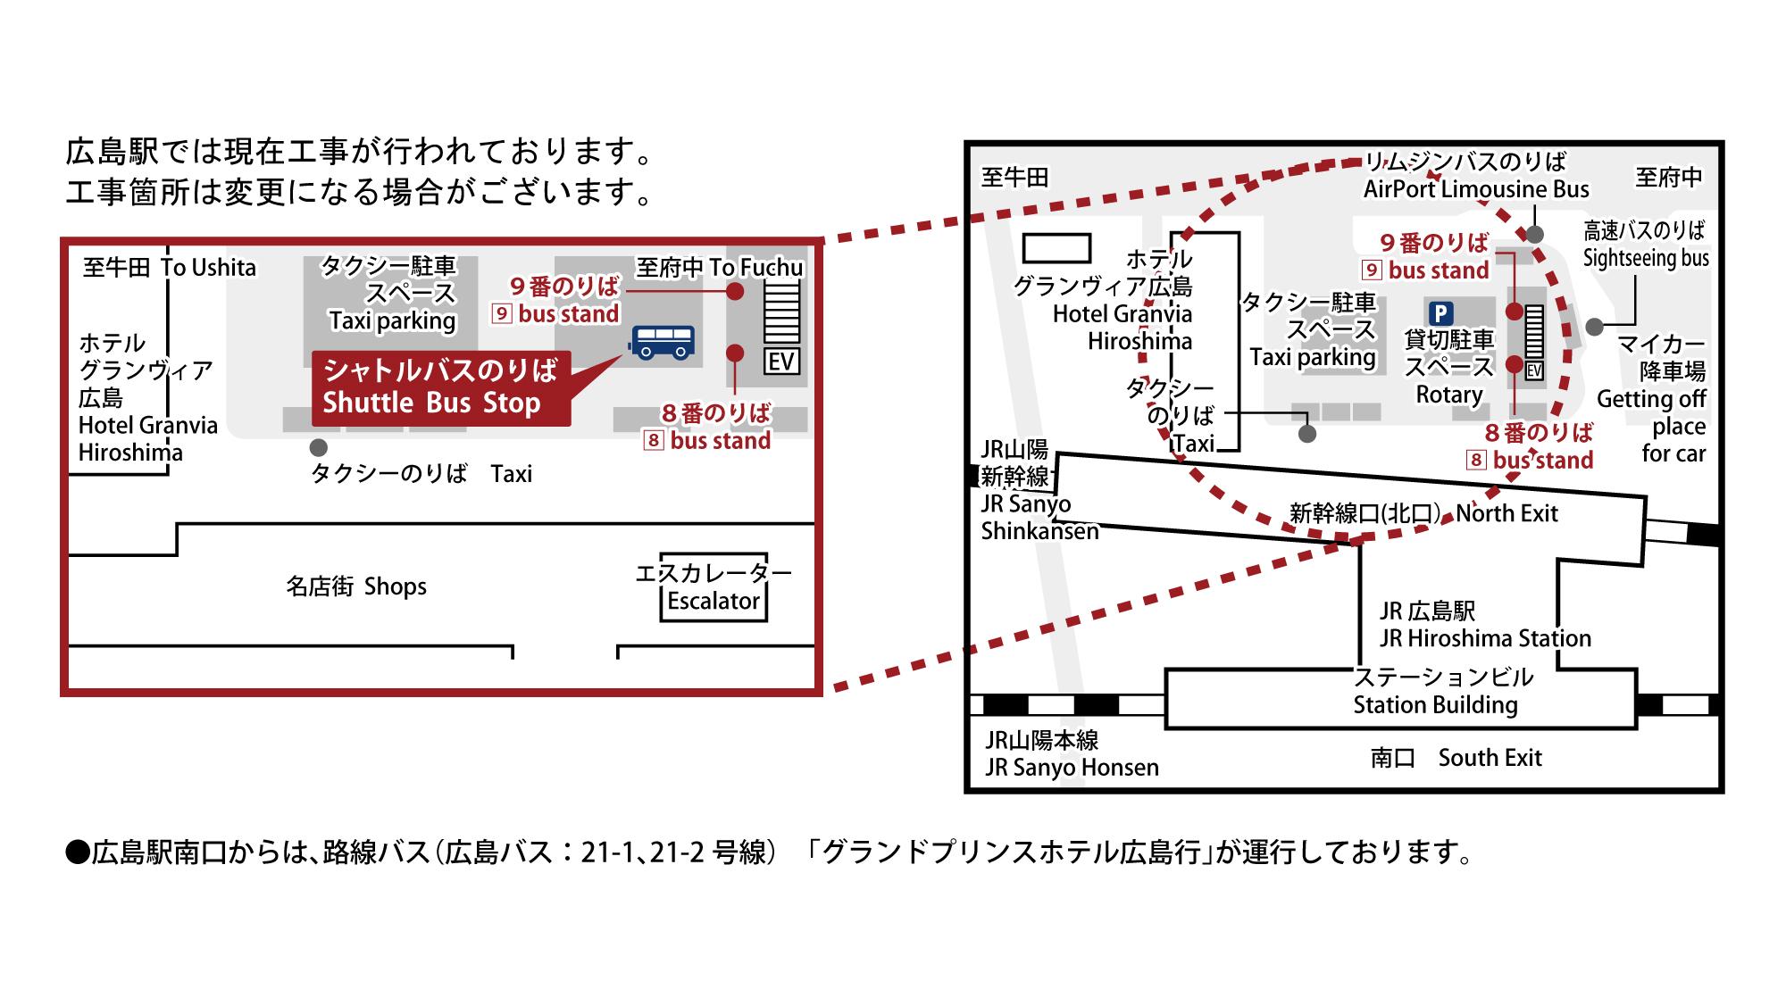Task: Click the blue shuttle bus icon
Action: [663, 341]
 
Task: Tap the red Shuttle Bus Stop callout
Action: [440, 388]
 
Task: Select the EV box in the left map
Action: [781, 362]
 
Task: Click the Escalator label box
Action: [713, 601]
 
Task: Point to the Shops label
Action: [395, 586]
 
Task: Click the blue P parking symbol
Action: [1440, 313]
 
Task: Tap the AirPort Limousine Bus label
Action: [1475, 189]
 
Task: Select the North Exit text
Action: [1506, 513]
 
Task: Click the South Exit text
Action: [1490, 758]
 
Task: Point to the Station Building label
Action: [1435, 705]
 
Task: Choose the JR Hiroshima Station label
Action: [1485, 638]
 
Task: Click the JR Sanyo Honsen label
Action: [1072, 768]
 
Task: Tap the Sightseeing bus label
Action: [1646, 259]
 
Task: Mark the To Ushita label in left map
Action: [208, 268]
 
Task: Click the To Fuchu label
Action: [755, 267]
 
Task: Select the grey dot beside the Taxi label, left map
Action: [318, 447]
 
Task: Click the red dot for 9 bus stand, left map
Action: [735, 291]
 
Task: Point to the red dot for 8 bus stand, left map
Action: [735, 353]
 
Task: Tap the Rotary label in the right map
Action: [1449, 395]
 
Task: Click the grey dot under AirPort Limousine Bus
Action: [1534, 234]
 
